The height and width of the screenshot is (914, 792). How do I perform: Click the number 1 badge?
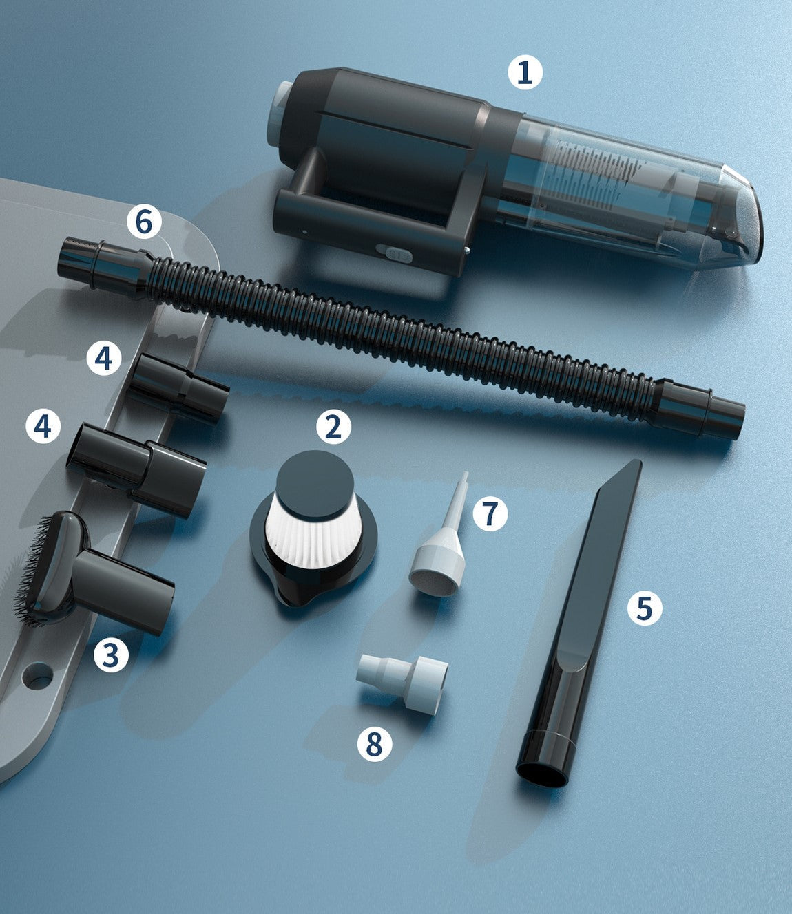tap(525, 72)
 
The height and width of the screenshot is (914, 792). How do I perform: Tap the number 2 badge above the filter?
tap(333, 427)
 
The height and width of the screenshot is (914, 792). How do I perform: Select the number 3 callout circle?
tap(111, 655)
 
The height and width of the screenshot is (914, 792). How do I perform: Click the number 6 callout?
tap(144, 221)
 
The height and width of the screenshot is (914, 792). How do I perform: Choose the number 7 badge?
tap(490, 513)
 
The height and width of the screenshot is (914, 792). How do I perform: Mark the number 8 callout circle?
tap(375, 743)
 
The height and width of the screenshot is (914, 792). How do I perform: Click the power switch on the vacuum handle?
tap(394, 254)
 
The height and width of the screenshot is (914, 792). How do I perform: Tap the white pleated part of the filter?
tap(313, 538)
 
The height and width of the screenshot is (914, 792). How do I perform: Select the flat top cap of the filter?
tap(315, 485)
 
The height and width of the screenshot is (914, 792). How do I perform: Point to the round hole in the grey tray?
tap(38, 675)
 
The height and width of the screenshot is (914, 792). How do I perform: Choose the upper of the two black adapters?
tap(178, 387)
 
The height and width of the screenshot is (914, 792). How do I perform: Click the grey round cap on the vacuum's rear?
tap(278, 108)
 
